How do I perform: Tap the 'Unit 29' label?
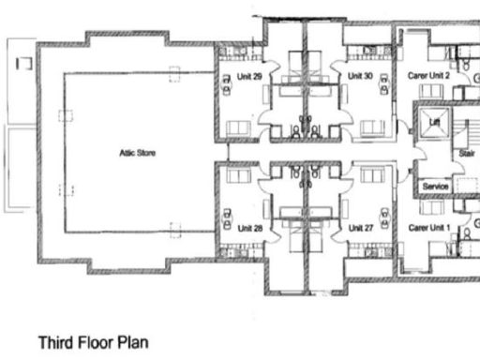point(250,76)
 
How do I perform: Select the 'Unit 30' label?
point(360,76)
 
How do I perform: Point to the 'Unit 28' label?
point(249,229)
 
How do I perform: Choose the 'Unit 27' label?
point(360,229)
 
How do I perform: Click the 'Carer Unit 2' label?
point(429,75)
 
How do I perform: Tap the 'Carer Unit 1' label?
point(429,228)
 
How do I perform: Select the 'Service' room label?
point(435,187)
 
